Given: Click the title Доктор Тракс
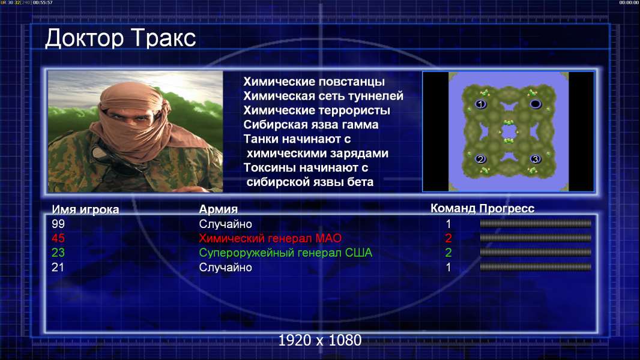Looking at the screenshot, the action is [x=121, y=38].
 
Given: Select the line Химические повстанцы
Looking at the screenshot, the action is [x=314, y=82].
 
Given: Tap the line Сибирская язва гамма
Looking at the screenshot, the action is [x=310, y=125].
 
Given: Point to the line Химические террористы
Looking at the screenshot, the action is [x=317, y=110].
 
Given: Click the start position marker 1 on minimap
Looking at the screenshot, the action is [x=481, y=104].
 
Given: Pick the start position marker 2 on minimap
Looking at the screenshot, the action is [x=480, y=158].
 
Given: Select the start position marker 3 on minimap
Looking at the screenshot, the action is [x=536, y=158].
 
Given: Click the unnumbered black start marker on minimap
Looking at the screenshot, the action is [x=536, y=104].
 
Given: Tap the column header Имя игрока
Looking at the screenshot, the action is [x=85, y=209].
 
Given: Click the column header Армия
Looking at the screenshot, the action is [x=218, y=209].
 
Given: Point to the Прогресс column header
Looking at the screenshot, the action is [x=507, y=208].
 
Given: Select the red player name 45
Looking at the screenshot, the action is [x=58, y=238].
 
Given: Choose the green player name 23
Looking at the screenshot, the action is [x=58, y=253].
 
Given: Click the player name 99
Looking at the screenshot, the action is [x=58, y=224].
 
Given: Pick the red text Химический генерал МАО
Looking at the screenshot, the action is [x=270, y=238].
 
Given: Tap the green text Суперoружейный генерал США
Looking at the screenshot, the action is [x=286, y=253].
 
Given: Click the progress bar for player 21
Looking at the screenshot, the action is [x=536, y=268].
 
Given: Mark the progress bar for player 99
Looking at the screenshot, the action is [x=536, y=223].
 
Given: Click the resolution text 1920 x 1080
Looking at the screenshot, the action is [x=320, y=340].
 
